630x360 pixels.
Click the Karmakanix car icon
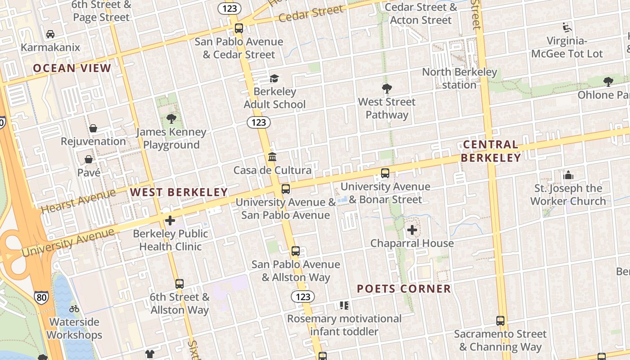pyautogui.click(x=50, y=34)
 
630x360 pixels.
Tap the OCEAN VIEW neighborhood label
pyautogui.click(x=72, y=68)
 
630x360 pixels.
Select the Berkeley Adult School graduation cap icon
pyautogui.click(x=274, y=79)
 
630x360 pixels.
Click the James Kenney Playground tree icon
pyautogui.click(x=171, y=119)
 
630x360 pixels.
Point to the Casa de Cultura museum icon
pyautogui.click(x=272, y=157)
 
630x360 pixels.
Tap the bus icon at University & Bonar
pyautogui.click(x=385, y=173)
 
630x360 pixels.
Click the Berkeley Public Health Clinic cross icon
pyautogui.click(x=170, y=220)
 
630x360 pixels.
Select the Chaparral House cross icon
pyautogui.click(x=412, y=230)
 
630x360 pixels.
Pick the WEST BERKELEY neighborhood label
pyautogui.click(x=179, y=193)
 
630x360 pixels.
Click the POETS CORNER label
pyautogui.click(x=404, y=289)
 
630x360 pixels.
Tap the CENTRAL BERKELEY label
pyautogui.click(x=490, y=151)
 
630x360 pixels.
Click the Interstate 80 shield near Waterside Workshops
pyautogui.click(x=41, y=297)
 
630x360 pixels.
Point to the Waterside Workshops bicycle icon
pyautogui.click(x=74, y=309)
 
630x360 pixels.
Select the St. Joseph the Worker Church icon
pyautogui.click(x=568, y=175)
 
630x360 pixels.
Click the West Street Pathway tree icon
pyautogui.click(x=387, y=88)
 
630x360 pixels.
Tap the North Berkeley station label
pyautogui.click(x=459, y=78)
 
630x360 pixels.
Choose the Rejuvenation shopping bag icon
pyautogui.click(x=93, y=128)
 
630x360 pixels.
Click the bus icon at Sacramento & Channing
pyautogui.click(x=500, y=321)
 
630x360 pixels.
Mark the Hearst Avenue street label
pyautogui.click(x=78, y=201)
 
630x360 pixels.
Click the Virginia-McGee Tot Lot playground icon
pyautogui.click(x=567, y=28)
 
